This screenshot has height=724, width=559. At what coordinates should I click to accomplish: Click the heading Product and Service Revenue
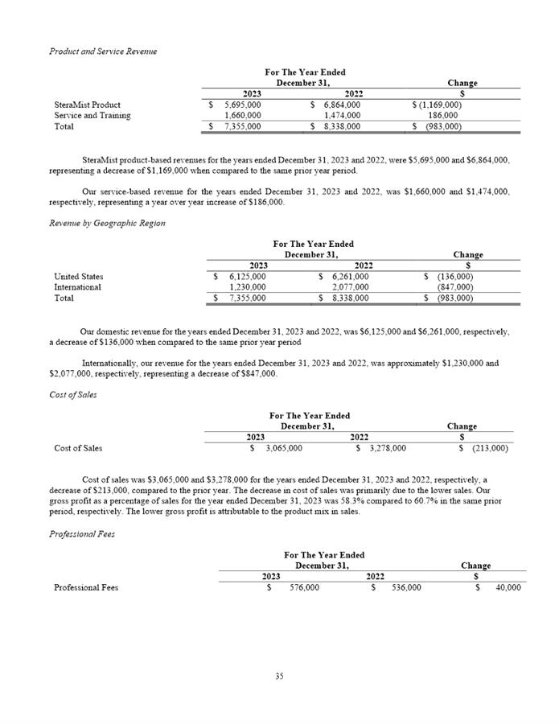coord(103,51)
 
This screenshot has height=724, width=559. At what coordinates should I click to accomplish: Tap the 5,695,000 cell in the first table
coord(242,105)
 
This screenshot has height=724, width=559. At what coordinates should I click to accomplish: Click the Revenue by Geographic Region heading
coord(107,223)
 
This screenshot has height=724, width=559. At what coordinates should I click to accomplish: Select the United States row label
coord(78,277)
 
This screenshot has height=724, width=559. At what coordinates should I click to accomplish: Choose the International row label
coord(77,287)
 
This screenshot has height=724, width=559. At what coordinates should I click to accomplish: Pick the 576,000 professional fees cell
coord(303,587)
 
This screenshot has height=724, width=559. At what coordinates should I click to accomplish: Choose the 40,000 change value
coord(508,587)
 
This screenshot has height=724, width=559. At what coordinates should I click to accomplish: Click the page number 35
coord(279,677)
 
